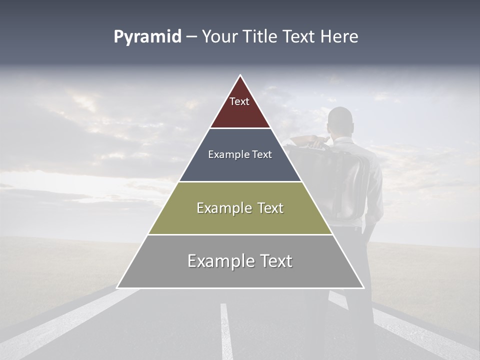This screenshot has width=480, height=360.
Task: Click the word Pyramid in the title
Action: coord(147,37)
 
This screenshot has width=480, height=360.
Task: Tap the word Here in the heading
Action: coord(339,37)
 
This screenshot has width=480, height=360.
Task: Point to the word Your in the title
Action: coord(219,37)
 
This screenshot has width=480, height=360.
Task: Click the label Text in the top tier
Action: coord(239,101)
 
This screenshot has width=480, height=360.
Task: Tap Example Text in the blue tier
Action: coord(240,154)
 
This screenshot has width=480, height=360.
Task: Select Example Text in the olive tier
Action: coord(240,208)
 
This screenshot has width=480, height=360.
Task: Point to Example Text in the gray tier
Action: coord(240,261)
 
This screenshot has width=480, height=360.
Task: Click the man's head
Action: coord(340,120)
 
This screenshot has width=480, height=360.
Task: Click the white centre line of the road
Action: coord(225,330)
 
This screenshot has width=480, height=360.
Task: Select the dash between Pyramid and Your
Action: coord(191,37)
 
